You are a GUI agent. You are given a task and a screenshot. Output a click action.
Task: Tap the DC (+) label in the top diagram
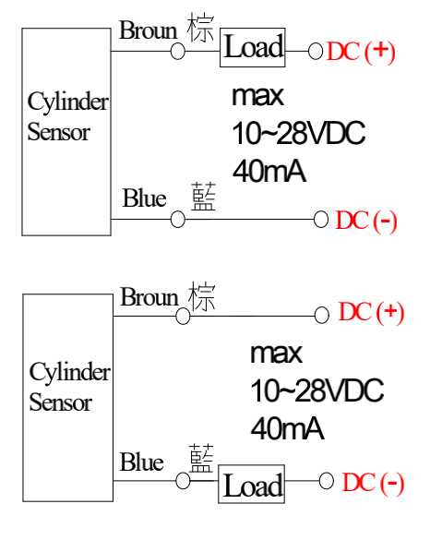361,52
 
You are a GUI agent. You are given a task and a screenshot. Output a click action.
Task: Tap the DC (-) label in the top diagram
366,221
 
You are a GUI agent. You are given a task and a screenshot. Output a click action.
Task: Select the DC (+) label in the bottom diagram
371,312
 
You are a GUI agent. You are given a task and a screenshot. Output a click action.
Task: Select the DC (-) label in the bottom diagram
373,482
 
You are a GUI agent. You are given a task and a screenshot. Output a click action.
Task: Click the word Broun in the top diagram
149,30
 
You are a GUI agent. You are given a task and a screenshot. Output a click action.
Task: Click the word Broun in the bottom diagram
149,297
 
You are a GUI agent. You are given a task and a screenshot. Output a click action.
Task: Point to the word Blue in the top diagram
144,198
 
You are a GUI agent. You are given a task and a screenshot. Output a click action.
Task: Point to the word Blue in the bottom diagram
142,462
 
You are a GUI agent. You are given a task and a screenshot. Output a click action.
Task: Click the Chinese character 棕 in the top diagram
200,27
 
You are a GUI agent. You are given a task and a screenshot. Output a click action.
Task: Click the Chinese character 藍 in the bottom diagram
201,458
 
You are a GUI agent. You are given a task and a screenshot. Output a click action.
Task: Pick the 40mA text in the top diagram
269,171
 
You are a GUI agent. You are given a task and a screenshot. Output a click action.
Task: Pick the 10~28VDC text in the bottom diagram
317,390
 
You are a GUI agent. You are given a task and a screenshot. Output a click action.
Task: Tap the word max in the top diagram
258,95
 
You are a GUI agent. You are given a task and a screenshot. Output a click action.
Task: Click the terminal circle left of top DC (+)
316,51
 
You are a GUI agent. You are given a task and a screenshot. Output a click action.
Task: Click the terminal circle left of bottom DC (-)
327,481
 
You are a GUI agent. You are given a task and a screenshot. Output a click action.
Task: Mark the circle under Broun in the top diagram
178,51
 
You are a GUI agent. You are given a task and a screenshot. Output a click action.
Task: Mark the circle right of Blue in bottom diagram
183,481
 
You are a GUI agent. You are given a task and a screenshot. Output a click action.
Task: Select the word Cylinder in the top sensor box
68,102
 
